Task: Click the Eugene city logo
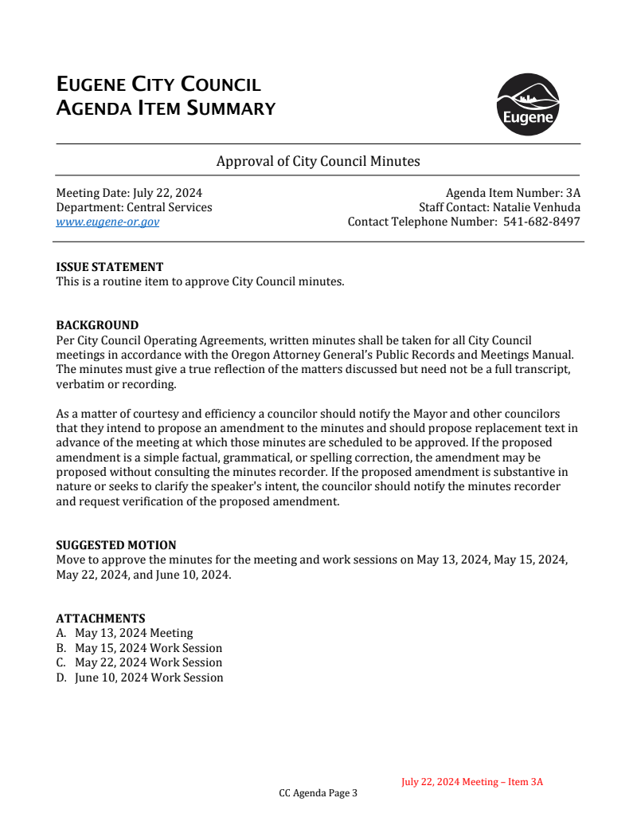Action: pyautogui.click(x=527, y=104)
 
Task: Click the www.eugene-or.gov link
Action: pyautogui.click(x=107, y=222)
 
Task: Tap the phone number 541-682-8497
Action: pyautogui.click(x=541, y=222)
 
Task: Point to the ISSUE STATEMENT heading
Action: pyautogui.click(x=109, y=267)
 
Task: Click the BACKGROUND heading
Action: pyautogui.click(x=97, y=325)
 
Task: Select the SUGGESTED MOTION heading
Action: pyautogui.click(x=116, y=545)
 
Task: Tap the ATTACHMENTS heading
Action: pyautogui.click(x=100, y=619)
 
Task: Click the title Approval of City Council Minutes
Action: pyautogui.click(x=318, y=161)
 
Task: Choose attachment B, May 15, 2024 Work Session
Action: pyautogui.click(x=148, y=648)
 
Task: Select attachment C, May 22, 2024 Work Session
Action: pyautogui.click(x=148, y=662)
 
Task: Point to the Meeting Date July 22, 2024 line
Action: pyautogui.click(x=129, y=193)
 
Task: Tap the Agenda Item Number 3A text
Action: pyautogui.click(x=513, y=193)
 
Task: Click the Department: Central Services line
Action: pyautogui.click(x=134, y=207)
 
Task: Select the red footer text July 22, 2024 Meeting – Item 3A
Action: pyautogui.click(x=472, y=782)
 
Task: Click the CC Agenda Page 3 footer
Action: pyautogui.click(x=318, y=793)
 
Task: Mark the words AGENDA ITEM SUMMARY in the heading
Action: pyautogui.click(x=166, y=108)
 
